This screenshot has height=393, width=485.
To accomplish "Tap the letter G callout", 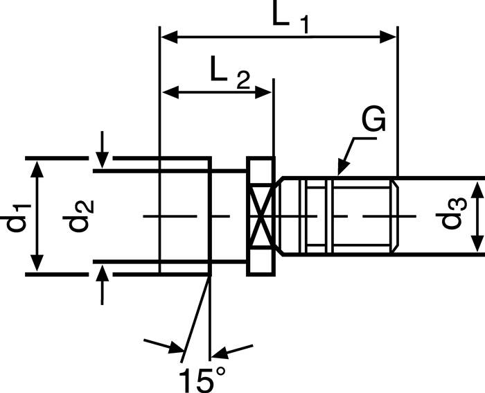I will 373,122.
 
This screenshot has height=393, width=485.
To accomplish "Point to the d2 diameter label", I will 76,216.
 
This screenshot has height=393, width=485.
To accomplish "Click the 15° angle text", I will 202,379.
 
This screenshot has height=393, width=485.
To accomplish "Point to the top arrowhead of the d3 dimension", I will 477,189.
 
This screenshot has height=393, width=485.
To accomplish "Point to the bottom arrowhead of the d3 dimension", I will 477,243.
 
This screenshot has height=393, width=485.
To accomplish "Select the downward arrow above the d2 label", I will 103,159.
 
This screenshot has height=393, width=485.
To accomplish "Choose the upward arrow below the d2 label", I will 103,272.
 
